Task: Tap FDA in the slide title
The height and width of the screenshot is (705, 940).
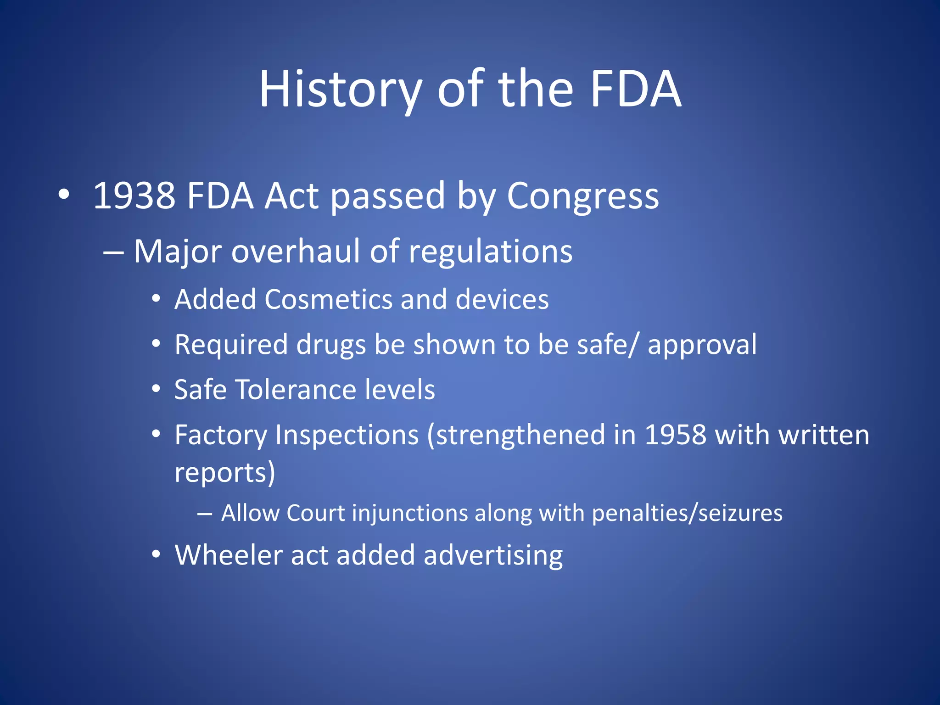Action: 636,89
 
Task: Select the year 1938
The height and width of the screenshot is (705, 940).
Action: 134,196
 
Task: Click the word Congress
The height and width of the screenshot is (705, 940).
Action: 582,196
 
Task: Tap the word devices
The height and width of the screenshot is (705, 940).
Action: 502,299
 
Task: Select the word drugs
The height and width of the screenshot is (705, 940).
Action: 331,345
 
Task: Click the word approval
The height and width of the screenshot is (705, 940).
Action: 702,345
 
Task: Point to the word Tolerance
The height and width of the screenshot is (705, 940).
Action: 296,390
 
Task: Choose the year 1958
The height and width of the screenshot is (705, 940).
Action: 675,435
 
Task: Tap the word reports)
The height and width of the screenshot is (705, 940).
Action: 225,472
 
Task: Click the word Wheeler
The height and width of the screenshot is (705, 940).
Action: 228,555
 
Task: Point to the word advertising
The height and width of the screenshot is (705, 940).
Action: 493,555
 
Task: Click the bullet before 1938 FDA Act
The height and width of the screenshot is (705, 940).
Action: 64,195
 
